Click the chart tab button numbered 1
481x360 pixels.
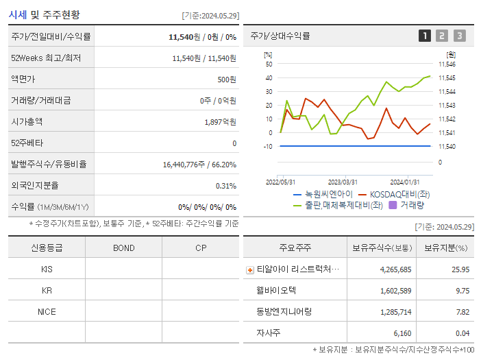[x=425, y=36]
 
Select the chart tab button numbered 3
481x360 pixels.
[x=459, y=36]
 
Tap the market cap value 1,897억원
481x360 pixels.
[x=220, y=121]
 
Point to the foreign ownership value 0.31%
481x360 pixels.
[x=225, y=185]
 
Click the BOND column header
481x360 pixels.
[x=123, y=248]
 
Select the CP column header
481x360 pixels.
[x=201, y=248]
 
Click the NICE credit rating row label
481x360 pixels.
[x=47, y=311]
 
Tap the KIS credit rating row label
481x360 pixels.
[x=47, y=269]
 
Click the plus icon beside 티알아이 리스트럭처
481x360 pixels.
[x=250, y=269]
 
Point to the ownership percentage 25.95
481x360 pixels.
[x=460, y=269]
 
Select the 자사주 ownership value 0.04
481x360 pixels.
[x=462, y=333]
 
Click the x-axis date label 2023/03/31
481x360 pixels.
[x=343, y=182]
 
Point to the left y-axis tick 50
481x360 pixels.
[x=269, y=64]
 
